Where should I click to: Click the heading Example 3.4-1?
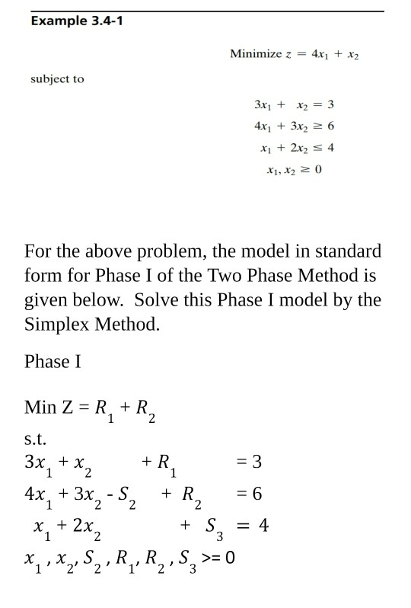point(76,21)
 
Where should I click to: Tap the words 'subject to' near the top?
point(57,78)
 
